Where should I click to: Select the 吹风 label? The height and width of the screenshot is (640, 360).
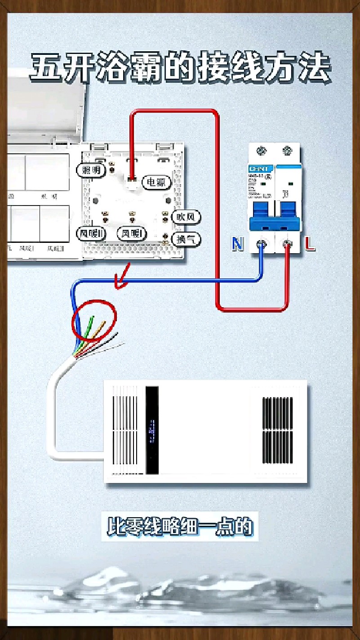pos(186,217)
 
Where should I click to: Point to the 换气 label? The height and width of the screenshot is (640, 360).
pos(186,239)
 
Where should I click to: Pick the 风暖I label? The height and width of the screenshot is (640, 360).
pos(132,233)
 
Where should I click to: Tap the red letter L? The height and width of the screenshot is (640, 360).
pos(310,244)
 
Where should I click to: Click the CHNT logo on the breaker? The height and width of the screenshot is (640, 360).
pos(258,169)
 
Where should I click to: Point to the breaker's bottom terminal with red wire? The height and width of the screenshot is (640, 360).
pos(287,244)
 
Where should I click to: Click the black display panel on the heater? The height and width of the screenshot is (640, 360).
pos(152,430)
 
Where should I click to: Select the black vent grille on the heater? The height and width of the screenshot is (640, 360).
pos(277,430)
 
